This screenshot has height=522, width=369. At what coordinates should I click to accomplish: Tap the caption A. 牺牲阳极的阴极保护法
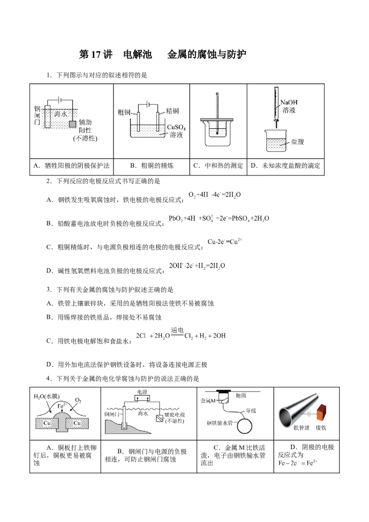[71, 166]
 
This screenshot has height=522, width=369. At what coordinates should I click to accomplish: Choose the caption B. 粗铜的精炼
[151, 166]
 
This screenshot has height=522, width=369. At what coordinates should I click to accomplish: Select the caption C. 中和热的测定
[218, 166]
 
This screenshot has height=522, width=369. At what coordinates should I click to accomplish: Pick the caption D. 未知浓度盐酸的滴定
[285, 166]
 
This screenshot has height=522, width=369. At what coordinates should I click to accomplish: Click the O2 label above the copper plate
[78, 400]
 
